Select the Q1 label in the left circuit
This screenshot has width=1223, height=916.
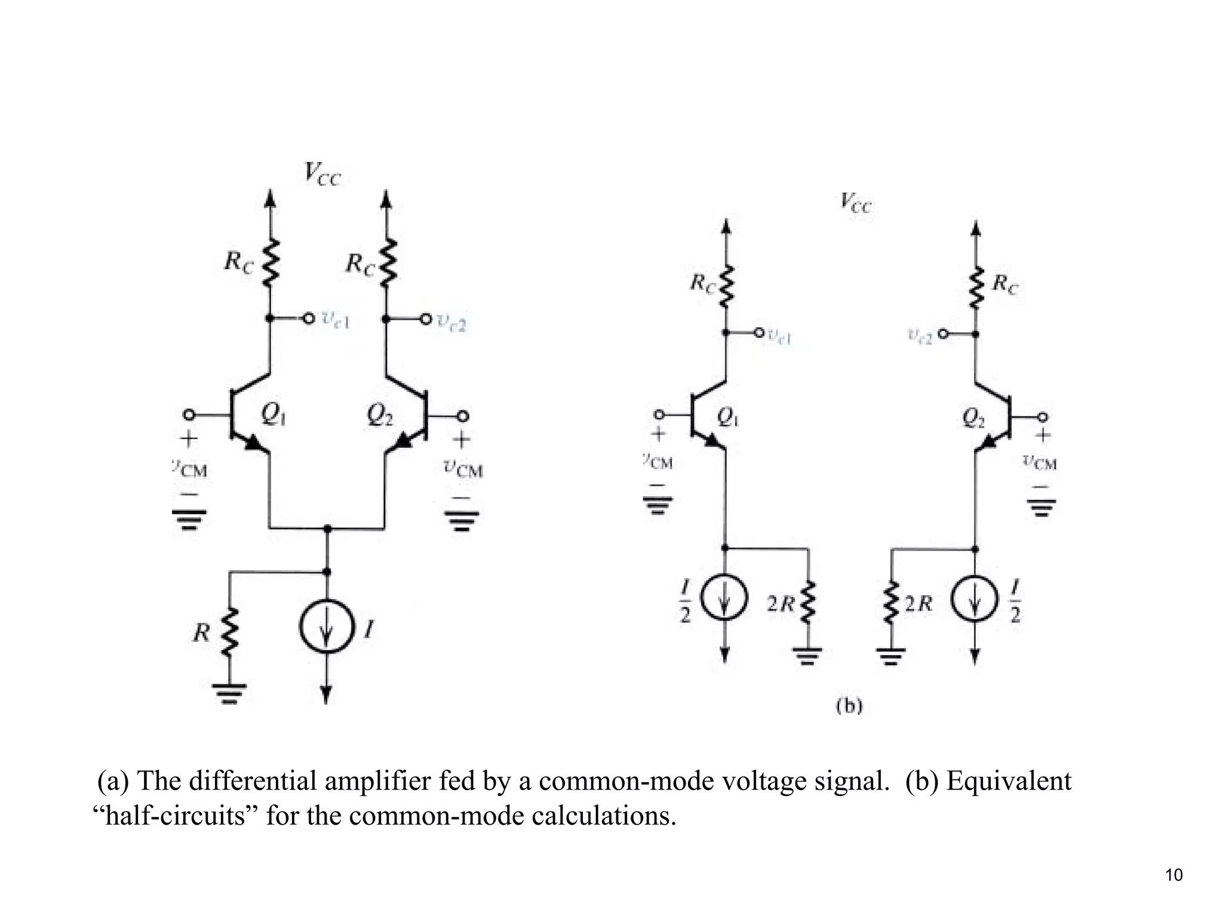(273, 414)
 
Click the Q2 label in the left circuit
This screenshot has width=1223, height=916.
(380, 414)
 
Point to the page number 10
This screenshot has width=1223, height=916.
(1173, 875)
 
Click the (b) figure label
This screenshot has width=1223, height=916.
(849, 706)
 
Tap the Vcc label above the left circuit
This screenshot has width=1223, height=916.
(322, 174)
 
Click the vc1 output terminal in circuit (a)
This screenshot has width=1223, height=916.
(308, 319)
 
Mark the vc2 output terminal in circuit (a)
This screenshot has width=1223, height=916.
(425, 319)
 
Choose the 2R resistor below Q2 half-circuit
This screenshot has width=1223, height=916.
(891, 604)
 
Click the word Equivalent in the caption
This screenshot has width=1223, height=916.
(1009, 781)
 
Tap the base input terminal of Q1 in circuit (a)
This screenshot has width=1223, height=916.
(189, 414)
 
